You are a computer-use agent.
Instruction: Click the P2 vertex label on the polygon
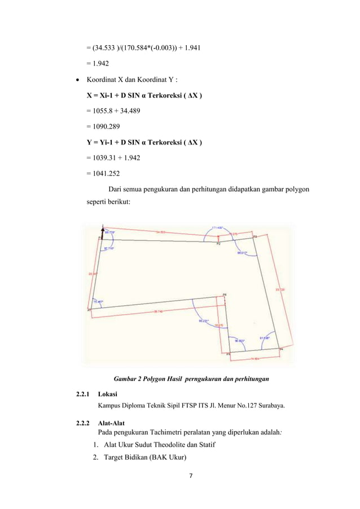pyautogui.click(x=219, y=244)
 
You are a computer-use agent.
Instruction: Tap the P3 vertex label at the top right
pyautogui.click(x=254, y=236)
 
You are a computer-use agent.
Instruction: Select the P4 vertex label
pyautogui.click(x=282, y=350)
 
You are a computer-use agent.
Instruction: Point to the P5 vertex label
pyautogui.click(x=229, y=354)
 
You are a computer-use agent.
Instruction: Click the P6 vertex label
pyautogui.click(x=225, y=295)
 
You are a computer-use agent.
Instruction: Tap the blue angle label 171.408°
pyautogui.click(x=218, y=228)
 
